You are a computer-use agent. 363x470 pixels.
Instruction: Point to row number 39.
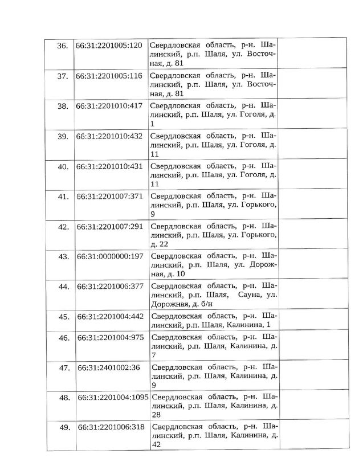[x=59, y=136]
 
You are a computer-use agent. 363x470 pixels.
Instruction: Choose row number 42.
[x=59, y=226]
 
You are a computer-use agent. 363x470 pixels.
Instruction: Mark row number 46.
[x=59, y=338]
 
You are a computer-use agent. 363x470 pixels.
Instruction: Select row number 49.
[x=59, y=427]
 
